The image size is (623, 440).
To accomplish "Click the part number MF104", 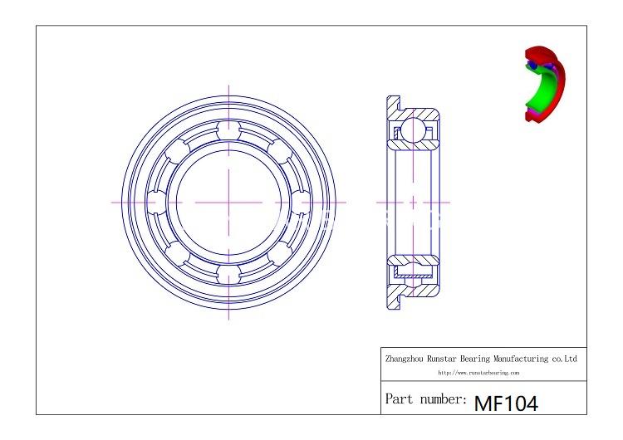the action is pos(506,403).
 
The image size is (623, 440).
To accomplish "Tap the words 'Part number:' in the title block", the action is pos(426,398).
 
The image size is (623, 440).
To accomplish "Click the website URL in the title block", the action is pos(478,373).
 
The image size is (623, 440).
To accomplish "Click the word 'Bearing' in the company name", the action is pos(475,359).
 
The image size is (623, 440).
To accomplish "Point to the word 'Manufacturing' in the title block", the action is pos(521,359).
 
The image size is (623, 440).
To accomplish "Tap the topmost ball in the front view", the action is pos(229,130).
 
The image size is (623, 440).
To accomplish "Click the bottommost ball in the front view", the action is pos(229,275).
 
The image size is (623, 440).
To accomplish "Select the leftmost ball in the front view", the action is pos(156,202).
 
